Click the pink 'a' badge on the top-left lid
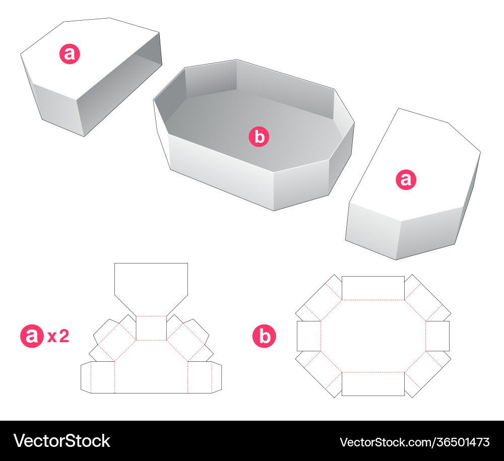(x=70, y=53)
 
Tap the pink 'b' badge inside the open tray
(x=259, y=137)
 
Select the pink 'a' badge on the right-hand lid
(x=406, y=179)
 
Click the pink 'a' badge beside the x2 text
(x=32, y=336)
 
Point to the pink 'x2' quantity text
(x=58, y=337)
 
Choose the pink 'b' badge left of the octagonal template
(x=264, y=336)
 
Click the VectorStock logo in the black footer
(x=61, y=441)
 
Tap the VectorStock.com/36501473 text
(x=415, y=442)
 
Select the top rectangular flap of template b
(x=373, y=288)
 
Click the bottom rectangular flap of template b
(x=373, y=384)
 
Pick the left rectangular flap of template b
(x=309, y=336)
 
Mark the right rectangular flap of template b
(x=437, y=336)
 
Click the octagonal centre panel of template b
(x=373, y=336)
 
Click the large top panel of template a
(x=151, y=286)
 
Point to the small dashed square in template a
(x=151, y=328)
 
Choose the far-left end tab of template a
(x=86, y=377)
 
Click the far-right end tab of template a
(x=217, y=377)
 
